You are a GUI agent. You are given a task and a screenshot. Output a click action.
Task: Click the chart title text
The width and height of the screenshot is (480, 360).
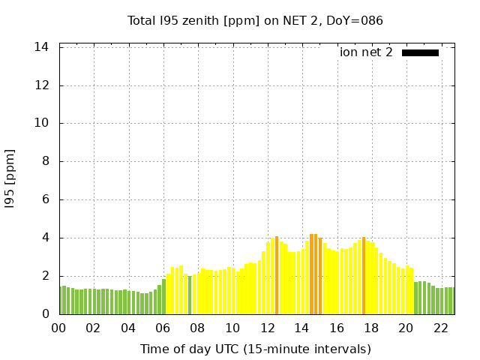coord(255,20)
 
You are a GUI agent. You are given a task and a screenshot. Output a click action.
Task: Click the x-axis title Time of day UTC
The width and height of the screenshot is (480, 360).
coord(255,349)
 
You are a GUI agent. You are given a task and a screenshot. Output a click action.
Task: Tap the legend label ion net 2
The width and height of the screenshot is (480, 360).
coord(366,52)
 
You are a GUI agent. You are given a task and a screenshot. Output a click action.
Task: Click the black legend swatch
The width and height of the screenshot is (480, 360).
coord(420,52)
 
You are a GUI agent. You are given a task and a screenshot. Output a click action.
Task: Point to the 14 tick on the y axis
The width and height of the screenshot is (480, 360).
coord(43,47)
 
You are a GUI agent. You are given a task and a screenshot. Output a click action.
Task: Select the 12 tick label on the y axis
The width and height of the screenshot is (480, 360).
coord(43,85)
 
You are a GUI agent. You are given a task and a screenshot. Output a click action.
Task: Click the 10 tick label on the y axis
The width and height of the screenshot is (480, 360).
coord(43,124)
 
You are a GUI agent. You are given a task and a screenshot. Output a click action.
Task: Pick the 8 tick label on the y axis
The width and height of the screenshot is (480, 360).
coord(46,162)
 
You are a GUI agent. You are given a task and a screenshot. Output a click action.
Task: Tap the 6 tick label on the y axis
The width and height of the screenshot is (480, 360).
coord(46,200)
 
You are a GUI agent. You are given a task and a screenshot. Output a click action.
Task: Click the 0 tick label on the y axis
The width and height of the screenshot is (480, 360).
coord(46,314)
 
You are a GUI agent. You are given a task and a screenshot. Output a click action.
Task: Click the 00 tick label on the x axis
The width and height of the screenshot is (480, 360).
coord(58,328)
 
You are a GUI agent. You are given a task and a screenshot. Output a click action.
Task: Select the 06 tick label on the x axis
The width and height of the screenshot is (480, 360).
coord(163,328)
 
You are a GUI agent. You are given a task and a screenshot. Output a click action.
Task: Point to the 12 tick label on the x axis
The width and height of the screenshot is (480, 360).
coord(267,328)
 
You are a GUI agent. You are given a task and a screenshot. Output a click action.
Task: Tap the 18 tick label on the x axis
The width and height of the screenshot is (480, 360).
coord(371,328)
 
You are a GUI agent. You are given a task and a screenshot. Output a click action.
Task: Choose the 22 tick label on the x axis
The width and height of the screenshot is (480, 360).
coord(441,328)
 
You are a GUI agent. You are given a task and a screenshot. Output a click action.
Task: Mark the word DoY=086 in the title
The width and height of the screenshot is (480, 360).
coord(357,20)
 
